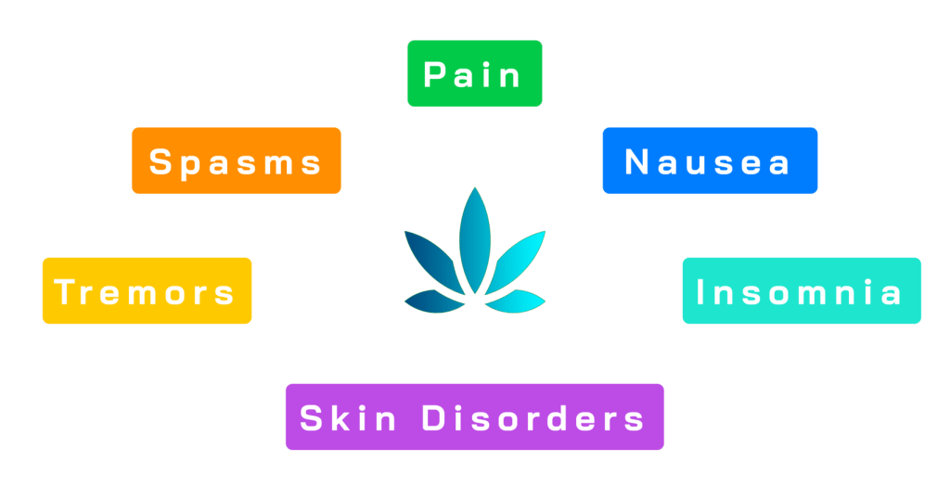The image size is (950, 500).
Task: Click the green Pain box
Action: pyautogui.click(x=474, y=73)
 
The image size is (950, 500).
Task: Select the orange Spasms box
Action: pyautogui.click(x=236, y=160)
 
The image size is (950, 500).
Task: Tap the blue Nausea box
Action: pyautogui.click(x=709, y=160)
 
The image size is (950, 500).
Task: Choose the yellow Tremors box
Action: pyautogui.click(x=147, y=290)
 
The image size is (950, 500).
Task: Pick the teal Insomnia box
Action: pyautogui.click(x=801, y=290)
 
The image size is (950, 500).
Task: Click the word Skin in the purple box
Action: pyautogui.click(x=348, y=417)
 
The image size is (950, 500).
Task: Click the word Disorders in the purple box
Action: pyautogui.click(x=533, y=417)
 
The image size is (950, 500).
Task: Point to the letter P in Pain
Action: pyautogui.click(x=434, y=74)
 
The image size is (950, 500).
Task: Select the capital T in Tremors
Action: pyautogui.click(x=64, y=292)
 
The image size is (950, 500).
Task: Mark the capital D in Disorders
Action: pyautogui.click(x=434, y=418)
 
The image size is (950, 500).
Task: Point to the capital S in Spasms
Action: pyautogui.click(x=160, y=162)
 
